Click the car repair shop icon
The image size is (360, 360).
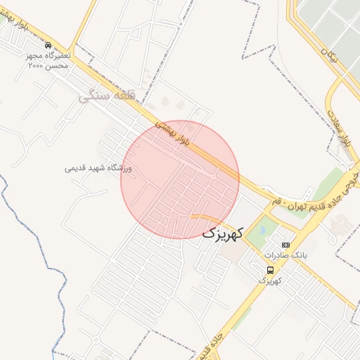tap(48, 44)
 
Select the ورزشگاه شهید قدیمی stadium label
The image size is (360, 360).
tap(98, 168)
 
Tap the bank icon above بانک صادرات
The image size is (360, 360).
tap(285, 245)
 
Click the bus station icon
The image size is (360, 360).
tap(270, 270)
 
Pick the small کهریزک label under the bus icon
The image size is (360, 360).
tap(270, 281)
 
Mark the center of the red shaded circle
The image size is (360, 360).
tap(180, 179)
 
